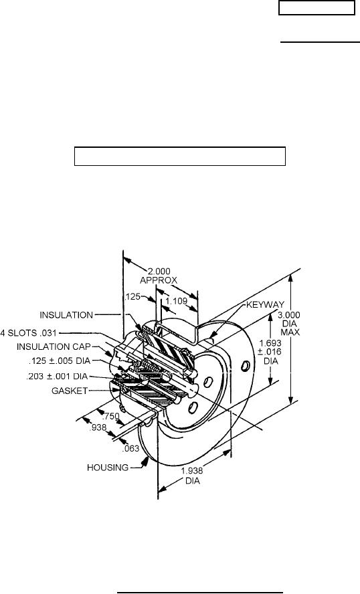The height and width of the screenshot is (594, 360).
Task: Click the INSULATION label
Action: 66,315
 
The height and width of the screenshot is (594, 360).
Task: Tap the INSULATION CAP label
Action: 54,346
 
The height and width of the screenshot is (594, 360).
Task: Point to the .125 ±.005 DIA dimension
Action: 60,361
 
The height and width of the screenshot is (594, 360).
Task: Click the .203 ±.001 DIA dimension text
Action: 57,377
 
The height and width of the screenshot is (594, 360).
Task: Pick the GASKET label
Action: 70,391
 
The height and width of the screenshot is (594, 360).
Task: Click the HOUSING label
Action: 108,468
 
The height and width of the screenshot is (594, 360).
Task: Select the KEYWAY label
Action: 265,304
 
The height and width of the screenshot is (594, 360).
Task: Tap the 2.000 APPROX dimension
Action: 159,276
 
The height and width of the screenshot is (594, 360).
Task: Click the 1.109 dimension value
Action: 177,301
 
